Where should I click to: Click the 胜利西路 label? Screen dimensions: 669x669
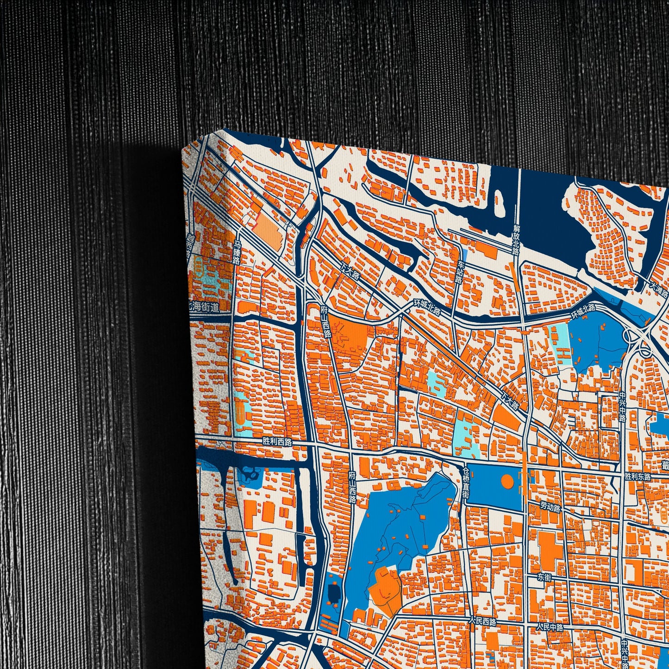(x=277, y=441)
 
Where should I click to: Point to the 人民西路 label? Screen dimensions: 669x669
(x=482, y=621)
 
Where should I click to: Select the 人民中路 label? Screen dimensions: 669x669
(x=550, y=627)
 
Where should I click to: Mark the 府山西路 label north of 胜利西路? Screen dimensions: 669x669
(x=327, y=320)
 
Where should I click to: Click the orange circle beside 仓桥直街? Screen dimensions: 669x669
(x=507, y=481)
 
